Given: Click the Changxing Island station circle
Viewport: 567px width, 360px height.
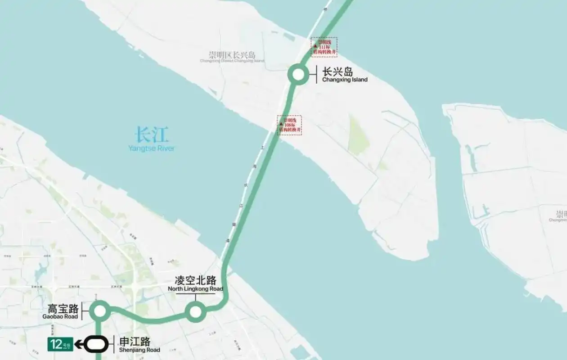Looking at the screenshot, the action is point(298,75).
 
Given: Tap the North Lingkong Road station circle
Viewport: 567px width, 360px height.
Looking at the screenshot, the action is point(196,311).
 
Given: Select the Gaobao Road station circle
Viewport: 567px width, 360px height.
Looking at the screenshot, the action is point(99,310).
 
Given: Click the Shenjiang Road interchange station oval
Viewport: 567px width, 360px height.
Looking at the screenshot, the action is point(96,344).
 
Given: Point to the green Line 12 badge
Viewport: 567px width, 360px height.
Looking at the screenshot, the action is point(60,344).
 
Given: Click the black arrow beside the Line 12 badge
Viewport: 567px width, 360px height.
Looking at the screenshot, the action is point(79,345).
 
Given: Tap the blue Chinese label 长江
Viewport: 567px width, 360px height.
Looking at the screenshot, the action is point(152,135).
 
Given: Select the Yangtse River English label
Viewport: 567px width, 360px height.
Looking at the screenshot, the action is point(151,148).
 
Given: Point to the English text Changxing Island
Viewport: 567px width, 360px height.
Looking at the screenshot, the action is point(345,80).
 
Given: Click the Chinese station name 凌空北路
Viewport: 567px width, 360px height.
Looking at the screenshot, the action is point(196,280).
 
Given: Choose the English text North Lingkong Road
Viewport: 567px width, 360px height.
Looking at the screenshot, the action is point(195,289).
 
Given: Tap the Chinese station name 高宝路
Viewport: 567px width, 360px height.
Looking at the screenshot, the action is point(63,309).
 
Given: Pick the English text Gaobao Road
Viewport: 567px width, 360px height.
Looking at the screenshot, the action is point(60,317).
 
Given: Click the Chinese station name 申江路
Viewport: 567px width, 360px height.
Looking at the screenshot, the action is point(135,342).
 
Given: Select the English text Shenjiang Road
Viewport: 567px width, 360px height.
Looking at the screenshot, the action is point(139,350).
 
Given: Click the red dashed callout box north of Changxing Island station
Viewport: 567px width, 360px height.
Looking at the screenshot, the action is point(324,47).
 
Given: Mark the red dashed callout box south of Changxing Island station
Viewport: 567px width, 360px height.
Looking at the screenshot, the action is point(289,125).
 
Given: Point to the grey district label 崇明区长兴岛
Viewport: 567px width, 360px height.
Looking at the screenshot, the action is point(232,55).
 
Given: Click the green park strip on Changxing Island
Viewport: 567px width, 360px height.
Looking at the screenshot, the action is point(358,135).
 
